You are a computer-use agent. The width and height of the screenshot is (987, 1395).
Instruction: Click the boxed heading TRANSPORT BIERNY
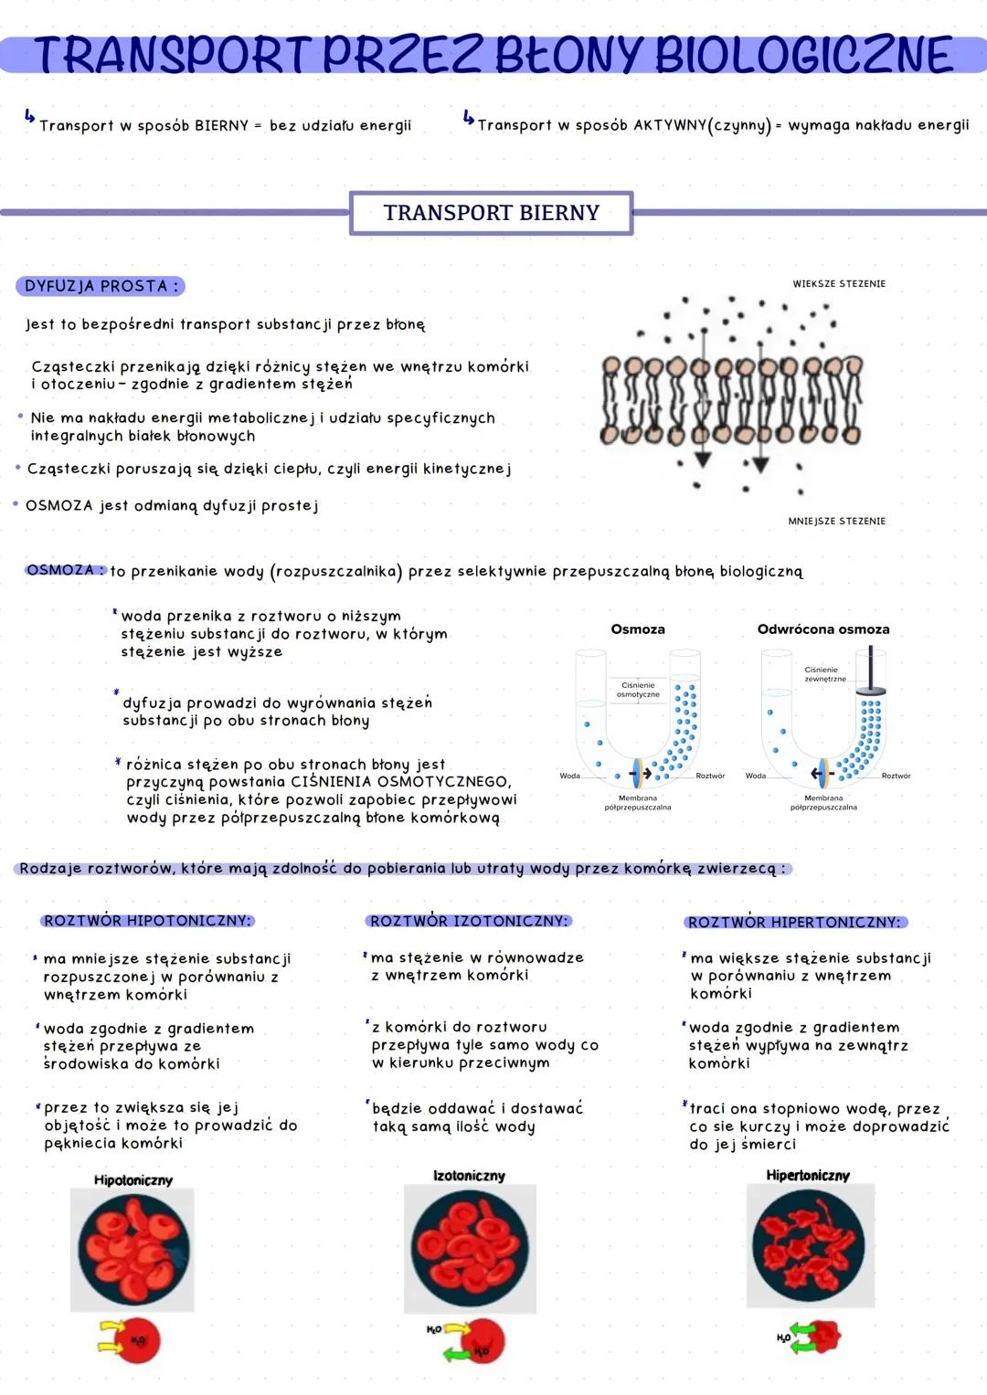click(491, 213)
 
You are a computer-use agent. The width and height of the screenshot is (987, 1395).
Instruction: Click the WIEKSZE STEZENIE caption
click(838, 284)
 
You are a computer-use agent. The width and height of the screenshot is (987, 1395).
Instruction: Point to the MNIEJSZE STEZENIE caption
click(836, 521)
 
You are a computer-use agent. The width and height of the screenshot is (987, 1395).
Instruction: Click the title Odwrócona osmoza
click(822, 629)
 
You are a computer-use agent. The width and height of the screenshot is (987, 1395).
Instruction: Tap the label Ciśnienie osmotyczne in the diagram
click(638, 690)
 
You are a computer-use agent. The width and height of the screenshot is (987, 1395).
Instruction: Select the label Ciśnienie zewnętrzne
click(824, 674)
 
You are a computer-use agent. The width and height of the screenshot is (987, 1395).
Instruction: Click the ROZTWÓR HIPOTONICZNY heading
click(147, 921)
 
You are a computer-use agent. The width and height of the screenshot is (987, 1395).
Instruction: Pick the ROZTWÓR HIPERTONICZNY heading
click(795, 923)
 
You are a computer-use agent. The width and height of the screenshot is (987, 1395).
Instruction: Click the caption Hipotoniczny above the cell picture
click(133, 1180)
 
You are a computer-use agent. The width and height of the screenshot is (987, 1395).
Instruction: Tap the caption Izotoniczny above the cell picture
click(469, 1176)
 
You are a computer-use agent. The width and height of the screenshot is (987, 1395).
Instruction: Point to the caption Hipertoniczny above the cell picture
click(808, 1176)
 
